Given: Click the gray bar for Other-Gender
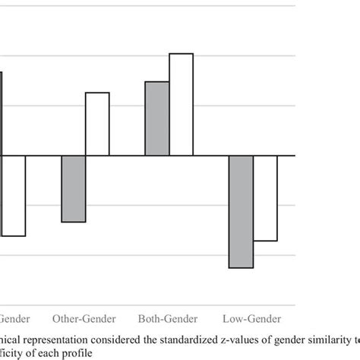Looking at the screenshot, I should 73,189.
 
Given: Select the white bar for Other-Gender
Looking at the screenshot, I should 96,124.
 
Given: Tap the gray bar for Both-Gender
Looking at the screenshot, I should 156,118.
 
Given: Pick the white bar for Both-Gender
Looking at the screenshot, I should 181,105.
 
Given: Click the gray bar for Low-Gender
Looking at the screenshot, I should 241,212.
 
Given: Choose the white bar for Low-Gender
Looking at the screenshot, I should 265,198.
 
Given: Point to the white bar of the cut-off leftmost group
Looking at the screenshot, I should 13,196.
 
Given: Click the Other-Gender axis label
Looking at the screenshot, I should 84,318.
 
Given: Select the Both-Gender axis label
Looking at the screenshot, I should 168,318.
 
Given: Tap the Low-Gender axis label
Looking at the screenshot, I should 252,318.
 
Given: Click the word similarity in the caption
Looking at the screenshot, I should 331,339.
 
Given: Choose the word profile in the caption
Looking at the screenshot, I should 91,353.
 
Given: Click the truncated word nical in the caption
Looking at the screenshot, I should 14,339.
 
